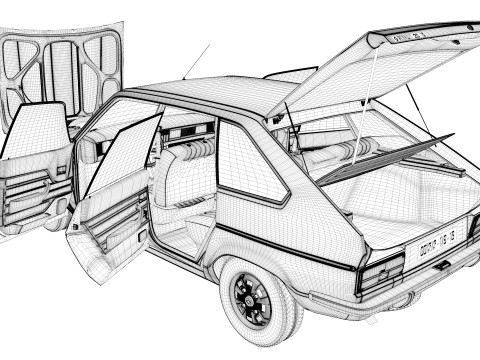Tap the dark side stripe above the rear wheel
coord(290,250)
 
